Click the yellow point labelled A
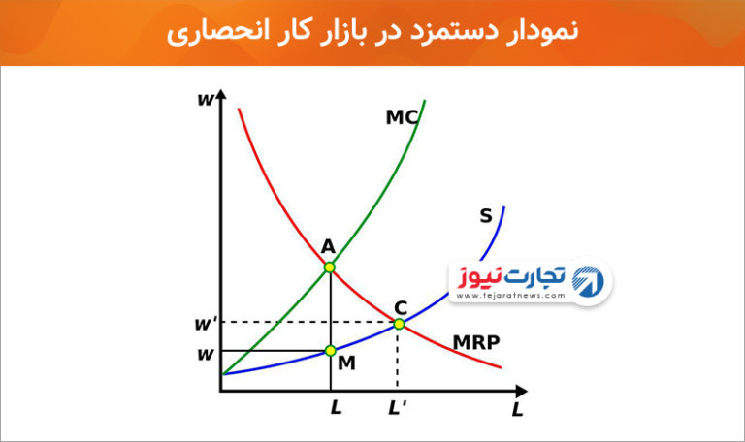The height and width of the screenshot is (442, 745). pyautogui.click(x=329, y=268)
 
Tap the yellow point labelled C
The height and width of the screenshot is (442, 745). pyautogui.click(x=399, y=324)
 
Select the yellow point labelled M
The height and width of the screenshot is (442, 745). pyautogui.click(x=330, y=351)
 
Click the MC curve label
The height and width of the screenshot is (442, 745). pyautogui.click(x=402, y=117)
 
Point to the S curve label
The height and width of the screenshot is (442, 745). pyautogui.click(x=486, y=216)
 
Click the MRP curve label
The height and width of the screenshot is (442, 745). pyautogui.click(x=476, y=342)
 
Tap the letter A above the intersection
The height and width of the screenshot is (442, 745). pyautogui.click(x=328, y=247)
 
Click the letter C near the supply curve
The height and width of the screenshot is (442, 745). pyautogui.click(x=401, y=308)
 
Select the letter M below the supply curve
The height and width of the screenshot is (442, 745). pyautogui.click(x=346, y=363)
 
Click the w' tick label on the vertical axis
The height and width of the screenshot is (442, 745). pyautogui.click(x=206, y=324)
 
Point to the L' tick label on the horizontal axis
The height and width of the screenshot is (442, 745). pyautogui.click(x=397, y=408)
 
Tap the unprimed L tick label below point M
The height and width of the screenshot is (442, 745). pyautogui.click(x=336, y=407)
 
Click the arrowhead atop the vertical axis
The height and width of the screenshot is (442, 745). pyautogui.click(x=220, y=94)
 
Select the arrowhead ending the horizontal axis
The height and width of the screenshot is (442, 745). pyautogui.click(x=521, y=392)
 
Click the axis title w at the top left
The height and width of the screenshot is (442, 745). pyautogui.click(x=206, y=100)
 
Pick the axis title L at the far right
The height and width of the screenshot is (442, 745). pyautogui.click(x=517, y=409)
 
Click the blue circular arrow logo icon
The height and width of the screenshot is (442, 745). pyautogui.click(x=588, y=281)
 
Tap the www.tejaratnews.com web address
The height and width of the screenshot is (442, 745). pyautogui.click(x=511, y=296)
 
